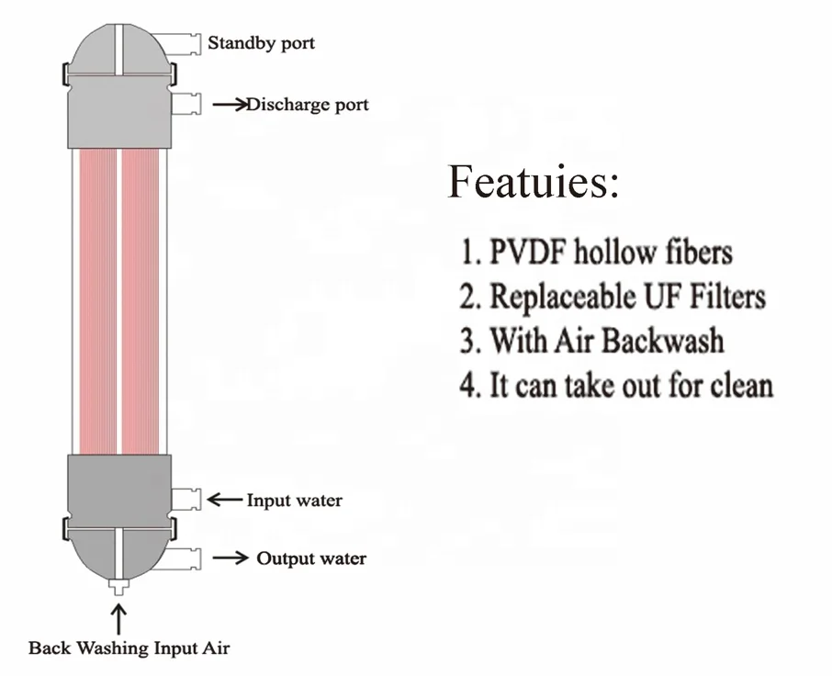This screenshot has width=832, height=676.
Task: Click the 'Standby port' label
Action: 261,43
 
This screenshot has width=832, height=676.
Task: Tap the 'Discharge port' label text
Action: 307,105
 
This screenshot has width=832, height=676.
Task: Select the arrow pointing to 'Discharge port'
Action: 229,105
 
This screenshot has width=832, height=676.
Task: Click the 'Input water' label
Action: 294,501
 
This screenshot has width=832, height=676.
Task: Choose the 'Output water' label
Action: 310,558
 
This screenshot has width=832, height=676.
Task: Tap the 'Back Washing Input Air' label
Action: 129,648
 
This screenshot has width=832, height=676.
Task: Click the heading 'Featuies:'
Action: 534,182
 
